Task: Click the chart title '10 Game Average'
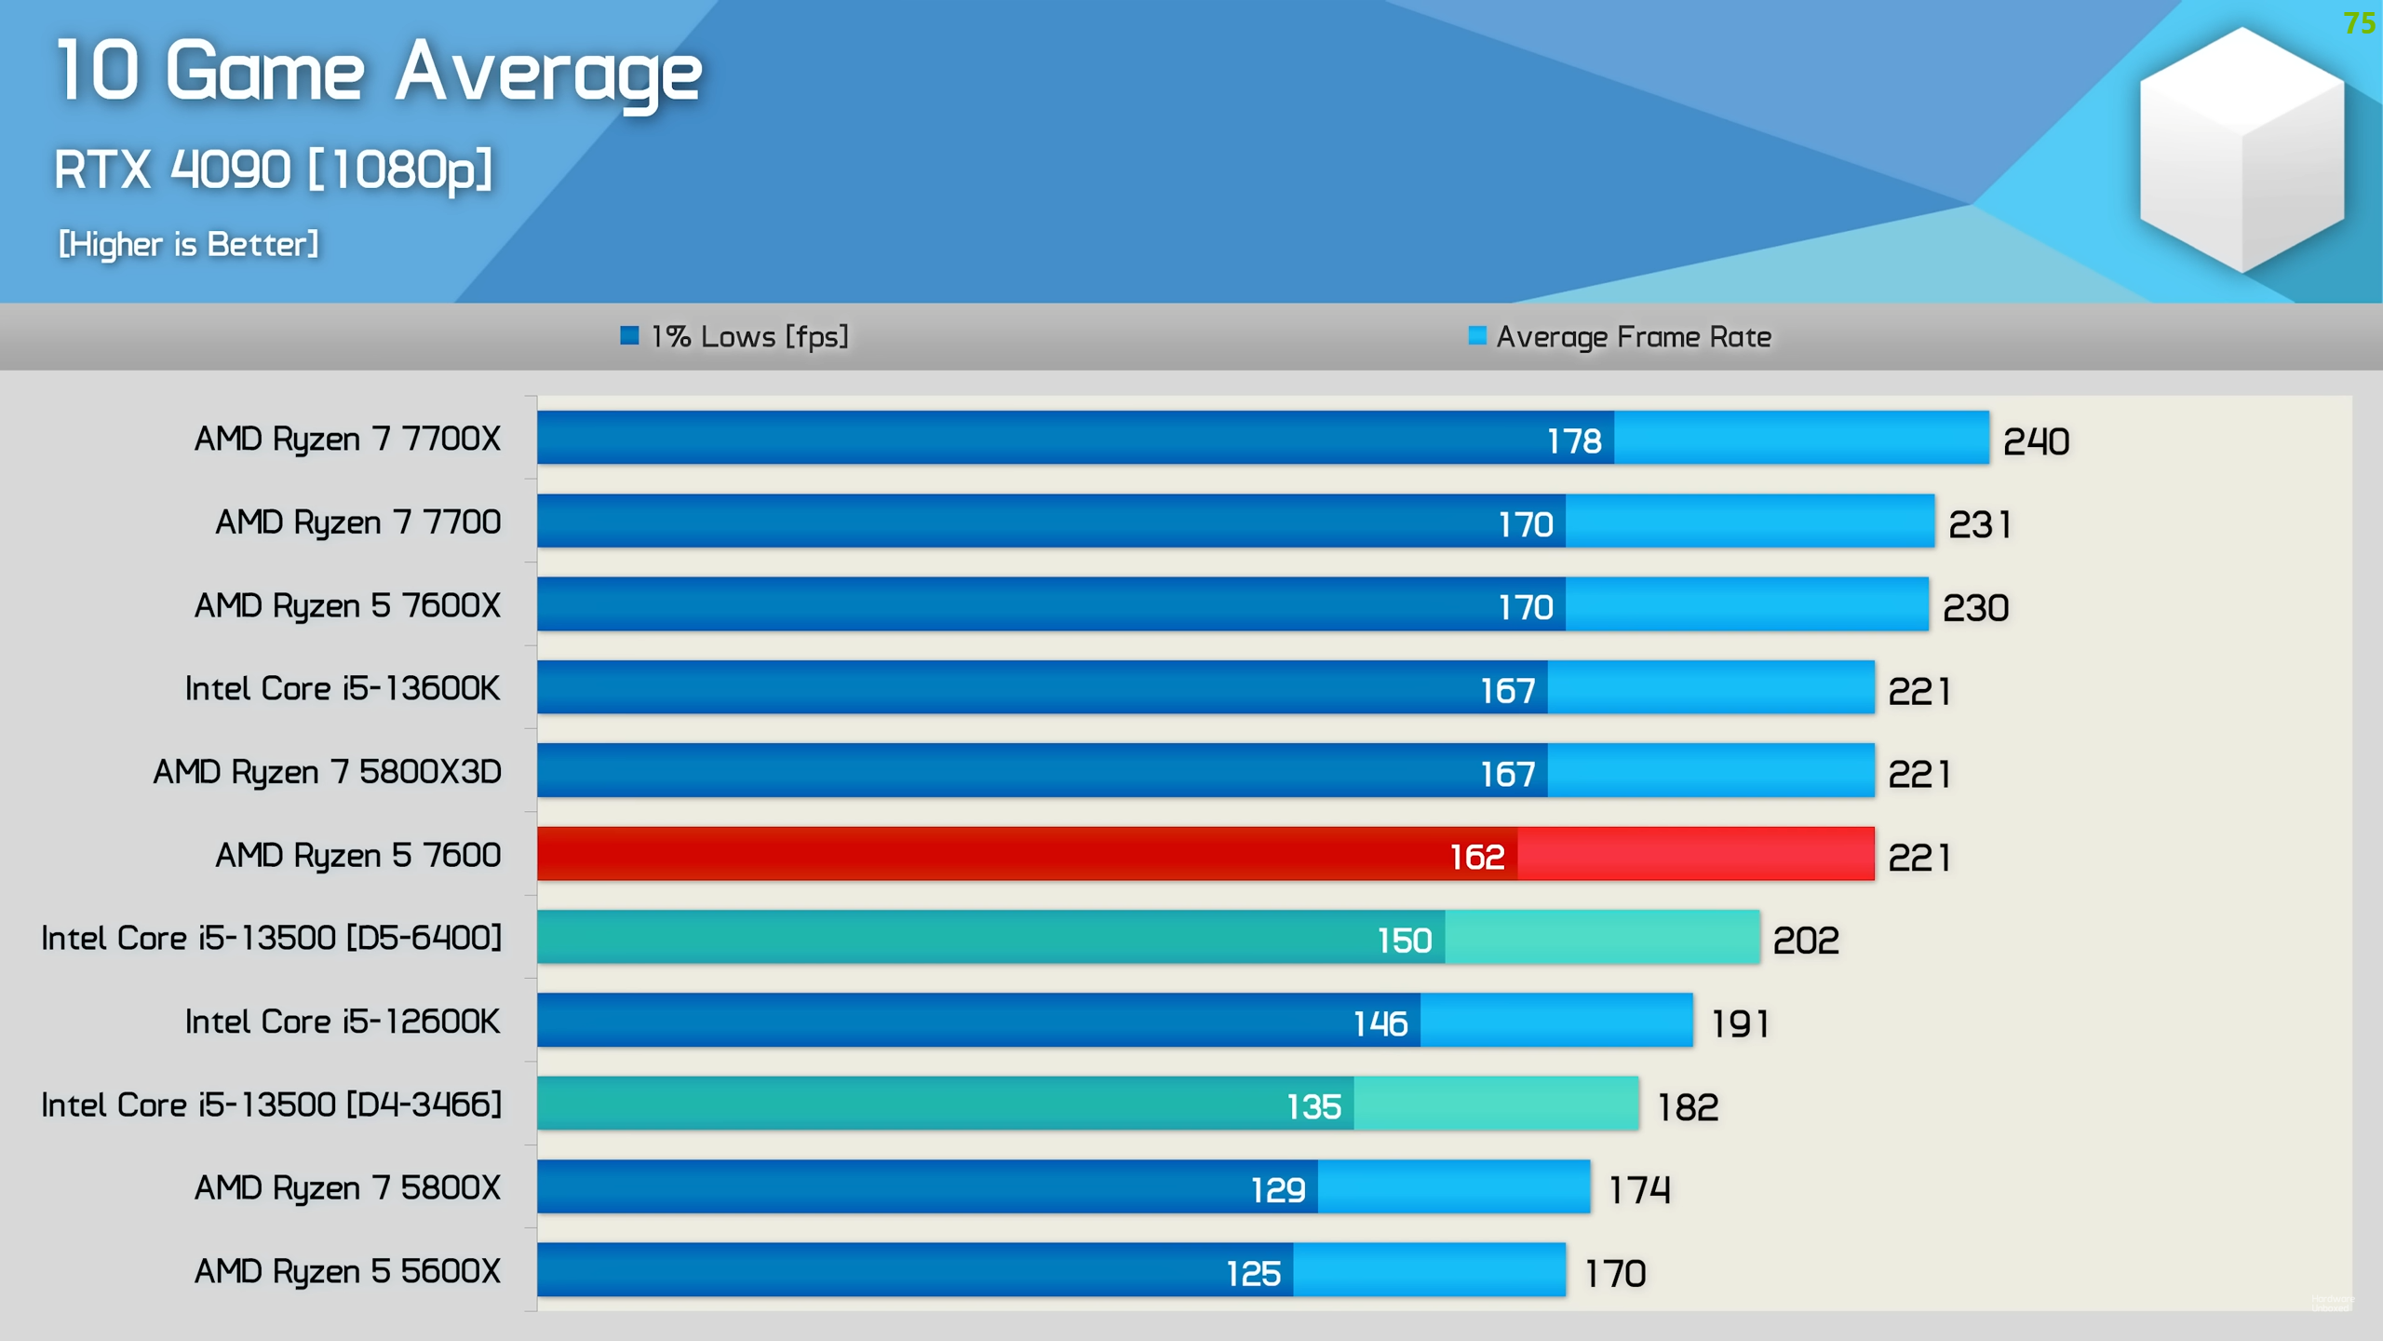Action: click(378, 73)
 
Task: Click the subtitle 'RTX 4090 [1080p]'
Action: click(273, 169)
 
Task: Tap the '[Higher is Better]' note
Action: click(189, 244)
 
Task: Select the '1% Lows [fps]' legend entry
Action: click(735, 336)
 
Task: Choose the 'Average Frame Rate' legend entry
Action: click(1620, 336)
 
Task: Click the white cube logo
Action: click(2242, 149)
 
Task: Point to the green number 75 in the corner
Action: click(2359, 22)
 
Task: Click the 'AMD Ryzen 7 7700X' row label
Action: click(347, 439)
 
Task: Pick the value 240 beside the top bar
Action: click(2036, 441)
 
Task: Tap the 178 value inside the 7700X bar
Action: click(1574, 441)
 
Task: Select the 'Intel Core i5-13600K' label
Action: click(343, 689)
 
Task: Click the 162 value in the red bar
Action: click(1477, 857)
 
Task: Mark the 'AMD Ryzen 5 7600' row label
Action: click(358, 855)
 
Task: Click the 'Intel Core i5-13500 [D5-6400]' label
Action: click(272, 938)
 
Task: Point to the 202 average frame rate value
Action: click(1806, 941)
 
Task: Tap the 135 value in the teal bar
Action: click(1313, 1107)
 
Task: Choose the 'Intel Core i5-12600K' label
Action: click(343, 1022)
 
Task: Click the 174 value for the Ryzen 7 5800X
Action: click(1640, 1190)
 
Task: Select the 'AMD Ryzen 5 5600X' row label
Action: click(347, 1271)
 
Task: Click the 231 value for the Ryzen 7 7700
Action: click(1980, 525)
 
